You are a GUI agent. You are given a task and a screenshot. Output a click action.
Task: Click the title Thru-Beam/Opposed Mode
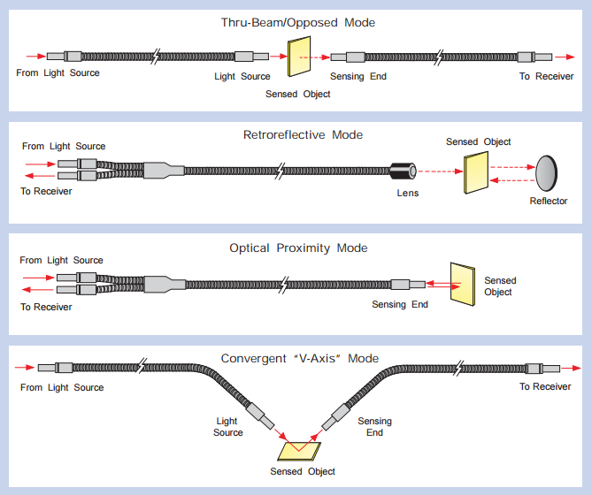[296, 22]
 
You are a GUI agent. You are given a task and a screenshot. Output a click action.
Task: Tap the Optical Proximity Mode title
[298, 248]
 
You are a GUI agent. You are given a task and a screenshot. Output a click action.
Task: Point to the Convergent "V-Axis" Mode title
[299, 359]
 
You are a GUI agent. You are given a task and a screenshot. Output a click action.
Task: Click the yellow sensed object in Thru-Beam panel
[301, 59]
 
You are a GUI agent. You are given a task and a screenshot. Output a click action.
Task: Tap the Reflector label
[549, 202]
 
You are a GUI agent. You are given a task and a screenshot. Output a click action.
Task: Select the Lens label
[408, 193]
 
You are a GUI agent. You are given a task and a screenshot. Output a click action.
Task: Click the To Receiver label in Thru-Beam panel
[546, 77]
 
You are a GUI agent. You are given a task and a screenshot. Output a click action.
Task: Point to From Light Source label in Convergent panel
[62, 387]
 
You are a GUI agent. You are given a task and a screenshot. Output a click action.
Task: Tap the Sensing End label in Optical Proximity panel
[400, 305]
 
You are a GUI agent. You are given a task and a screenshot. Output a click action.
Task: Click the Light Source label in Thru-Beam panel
[242, 77]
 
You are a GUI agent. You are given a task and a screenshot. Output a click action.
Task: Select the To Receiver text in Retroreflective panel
[47, 191]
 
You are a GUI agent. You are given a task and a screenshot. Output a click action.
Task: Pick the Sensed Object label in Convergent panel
[303, 472]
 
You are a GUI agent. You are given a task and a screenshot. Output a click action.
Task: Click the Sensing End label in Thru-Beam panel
[358, 77]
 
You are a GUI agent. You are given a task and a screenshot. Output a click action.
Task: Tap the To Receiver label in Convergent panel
[545, 387]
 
